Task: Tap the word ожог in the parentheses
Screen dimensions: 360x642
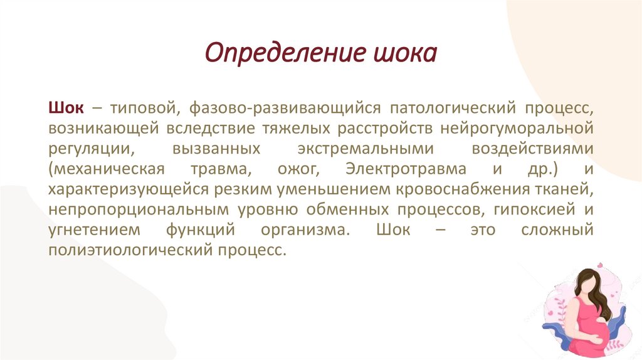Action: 292,170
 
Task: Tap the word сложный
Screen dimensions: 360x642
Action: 557,230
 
